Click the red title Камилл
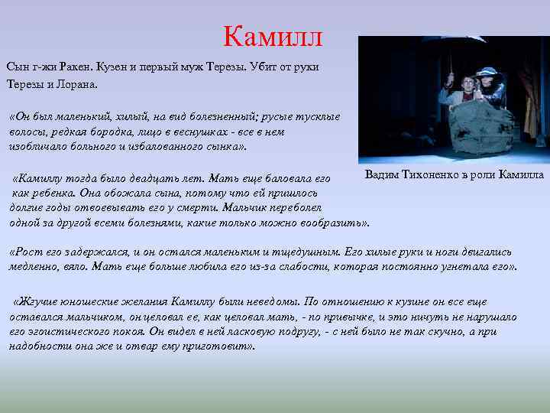pyautogui.click(x=273, y=36)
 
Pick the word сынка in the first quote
pyautogui.click(x=215, y=147)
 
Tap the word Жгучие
pyautogui.click(x=36, y=301)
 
